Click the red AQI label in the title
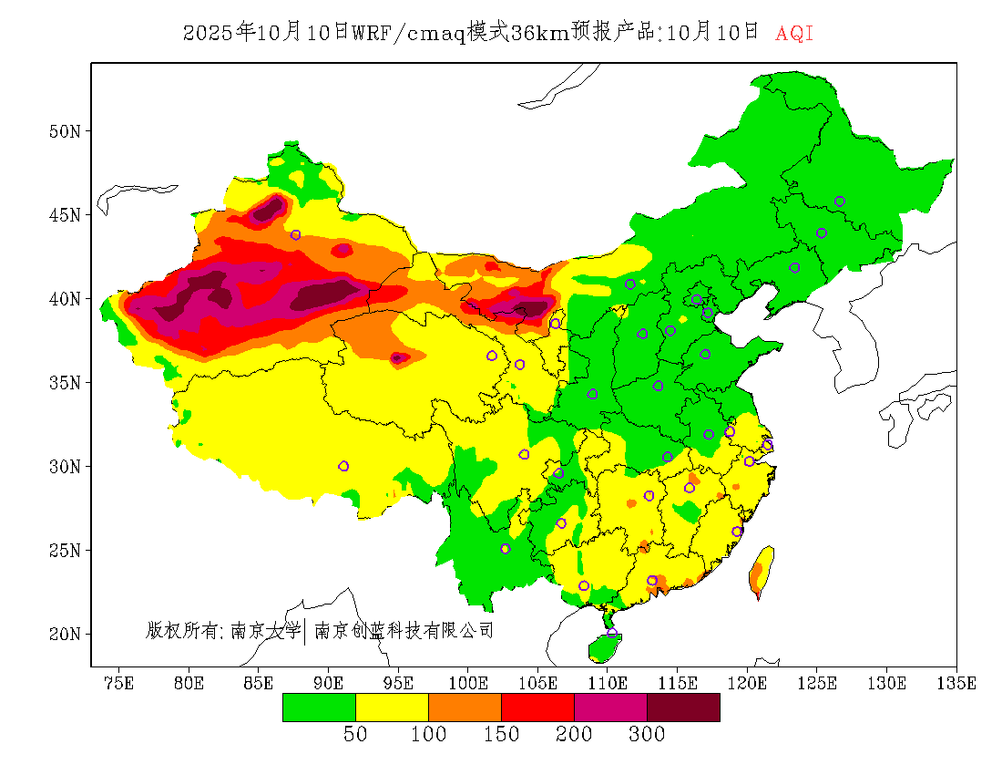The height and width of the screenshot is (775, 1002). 793,34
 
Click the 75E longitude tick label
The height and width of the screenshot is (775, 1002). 119,683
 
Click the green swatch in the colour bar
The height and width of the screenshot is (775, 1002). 319,708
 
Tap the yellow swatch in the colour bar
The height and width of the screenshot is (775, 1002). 392,708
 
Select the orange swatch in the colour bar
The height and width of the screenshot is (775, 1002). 465,708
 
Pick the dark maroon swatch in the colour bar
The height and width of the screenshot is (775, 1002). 683,708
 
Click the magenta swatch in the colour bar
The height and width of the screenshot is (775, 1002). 610,708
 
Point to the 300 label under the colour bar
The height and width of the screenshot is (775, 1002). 647,735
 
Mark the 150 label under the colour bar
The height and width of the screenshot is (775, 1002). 501,735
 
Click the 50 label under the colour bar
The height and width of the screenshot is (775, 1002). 355,735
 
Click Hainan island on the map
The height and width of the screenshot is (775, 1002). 604,647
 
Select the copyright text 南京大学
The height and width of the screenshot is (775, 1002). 265,630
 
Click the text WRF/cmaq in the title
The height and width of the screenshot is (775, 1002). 408,34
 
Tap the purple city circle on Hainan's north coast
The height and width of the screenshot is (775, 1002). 612,633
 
